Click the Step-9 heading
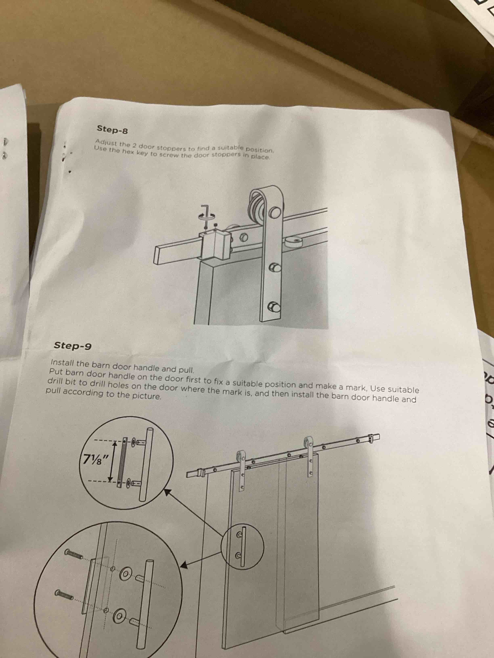point(73,346)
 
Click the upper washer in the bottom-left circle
point(126,572)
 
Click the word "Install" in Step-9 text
point(63,363)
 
